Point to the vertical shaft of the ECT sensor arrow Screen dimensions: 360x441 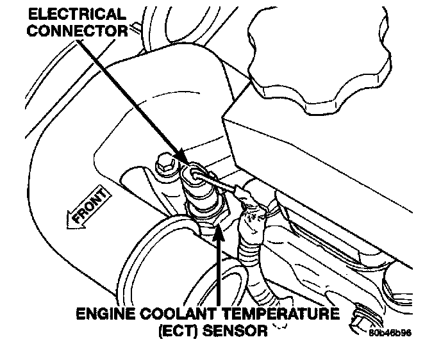(x=219, y=269)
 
